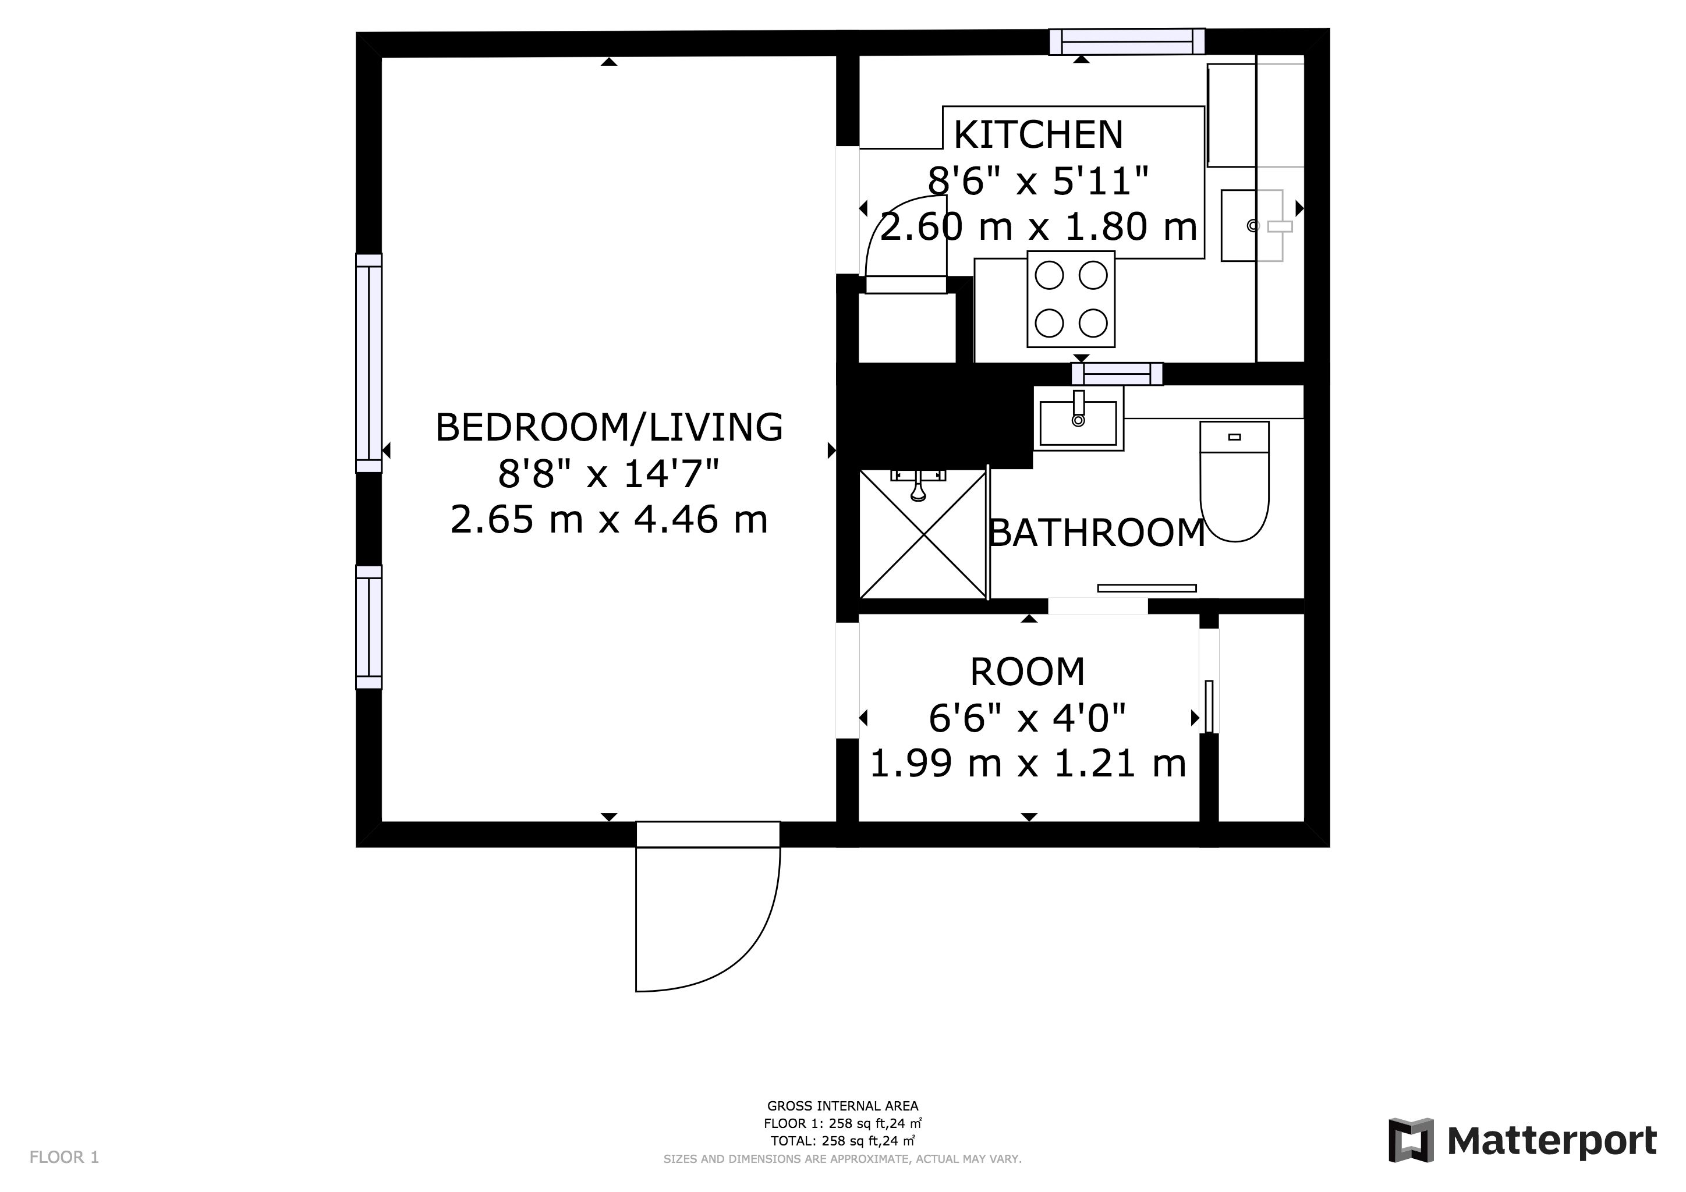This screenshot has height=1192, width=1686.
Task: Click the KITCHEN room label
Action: point(1039,134)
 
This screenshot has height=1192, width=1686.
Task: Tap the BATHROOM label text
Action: point(1096,533)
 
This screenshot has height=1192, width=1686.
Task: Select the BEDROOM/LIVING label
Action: point(610,427)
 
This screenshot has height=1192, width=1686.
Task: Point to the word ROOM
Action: point(1028,672)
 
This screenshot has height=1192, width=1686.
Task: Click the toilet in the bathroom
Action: point(1234,481)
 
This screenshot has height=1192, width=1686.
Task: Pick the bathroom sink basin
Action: point(1079,424)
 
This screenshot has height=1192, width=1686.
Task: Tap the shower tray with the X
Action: point(923,534)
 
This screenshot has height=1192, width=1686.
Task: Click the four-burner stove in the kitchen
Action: point(1071,299)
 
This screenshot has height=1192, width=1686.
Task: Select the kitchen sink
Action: point(1252,225)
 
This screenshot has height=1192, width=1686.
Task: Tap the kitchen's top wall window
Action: point(1127,41)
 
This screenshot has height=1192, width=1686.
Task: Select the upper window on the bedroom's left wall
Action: point(369,363)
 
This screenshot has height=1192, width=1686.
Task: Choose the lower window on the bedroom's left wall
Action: point(369,627)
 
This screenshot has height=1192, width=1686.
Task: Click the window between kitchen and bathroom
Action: point(1117,374)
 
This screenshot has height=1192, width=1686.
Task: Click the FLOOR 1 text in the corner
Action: point(64,1158)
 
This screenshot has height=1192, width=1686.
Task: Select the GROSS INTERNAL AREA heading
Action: point(842,1106)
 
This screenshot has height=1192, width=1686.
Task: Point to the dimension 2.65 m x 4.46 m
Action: point(610,520)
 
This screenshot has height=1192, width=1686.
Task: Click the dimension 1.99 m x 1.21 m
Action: point(1028,764)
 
